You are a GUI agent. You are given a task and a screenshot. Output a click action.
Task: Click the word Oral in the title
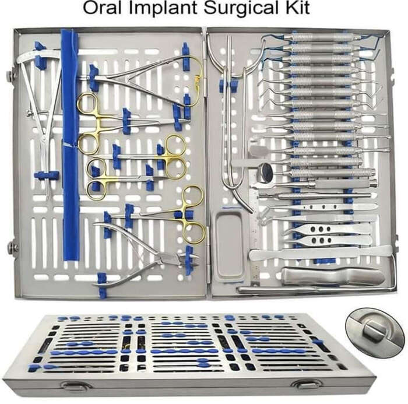[x=102, y=8]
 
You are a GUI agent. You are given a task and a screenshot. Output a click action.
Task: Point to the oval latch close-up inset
[x=374, y=332]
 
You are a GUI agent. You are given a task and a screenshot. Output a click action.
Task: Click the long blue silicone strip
[x=71, y=146]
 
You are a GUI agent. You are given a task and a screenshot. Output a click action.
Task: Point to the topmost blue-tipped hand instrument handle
[x=323, y=37]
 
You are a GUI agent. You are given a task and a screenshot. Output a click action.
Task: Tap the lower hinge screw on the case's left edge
[x=12, y=246]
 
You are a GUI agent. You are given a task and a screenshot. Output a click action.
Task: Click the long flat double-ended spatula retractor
[x=321, y=252]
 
